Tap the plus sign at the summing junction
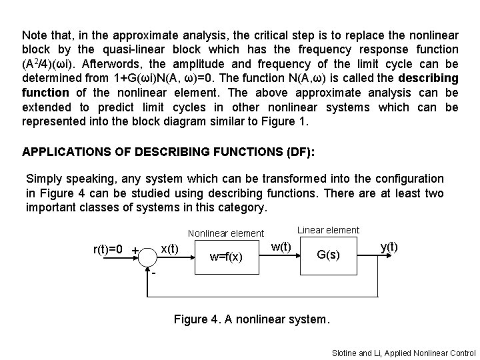coord(135,251)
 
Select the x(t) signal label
coord(169,248)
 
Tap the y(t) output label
coord(389,246)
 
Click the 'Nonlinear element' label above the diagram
coord(226,233)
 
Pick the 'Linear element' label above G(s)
coord(328,230)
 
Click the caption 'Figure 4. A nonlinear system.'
coord(251,319)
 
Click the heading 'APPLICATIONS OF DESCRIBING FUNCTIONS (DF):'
coord(169,151)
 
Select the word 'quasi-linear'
coord(133,49)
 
